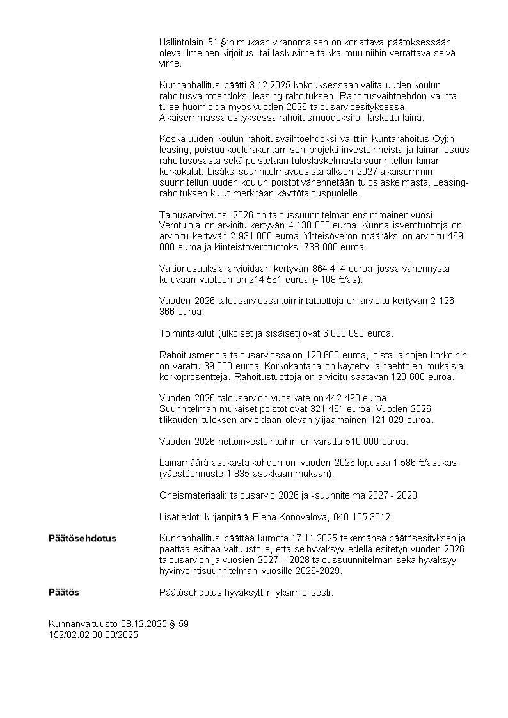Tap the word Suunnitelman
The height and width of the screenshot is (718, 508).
[187, 409]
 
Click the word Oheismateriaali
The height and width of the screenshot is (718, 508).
[184, 495]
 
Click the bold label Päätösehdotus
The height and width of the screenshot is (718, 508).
[83, 538]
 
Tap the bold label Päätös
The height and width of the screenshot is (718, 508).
[64, 593]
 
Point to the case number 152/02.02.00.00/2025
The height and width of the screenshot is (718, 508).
[93, 635]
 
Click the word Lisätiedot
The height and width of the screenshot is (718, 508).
[179, 516]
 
